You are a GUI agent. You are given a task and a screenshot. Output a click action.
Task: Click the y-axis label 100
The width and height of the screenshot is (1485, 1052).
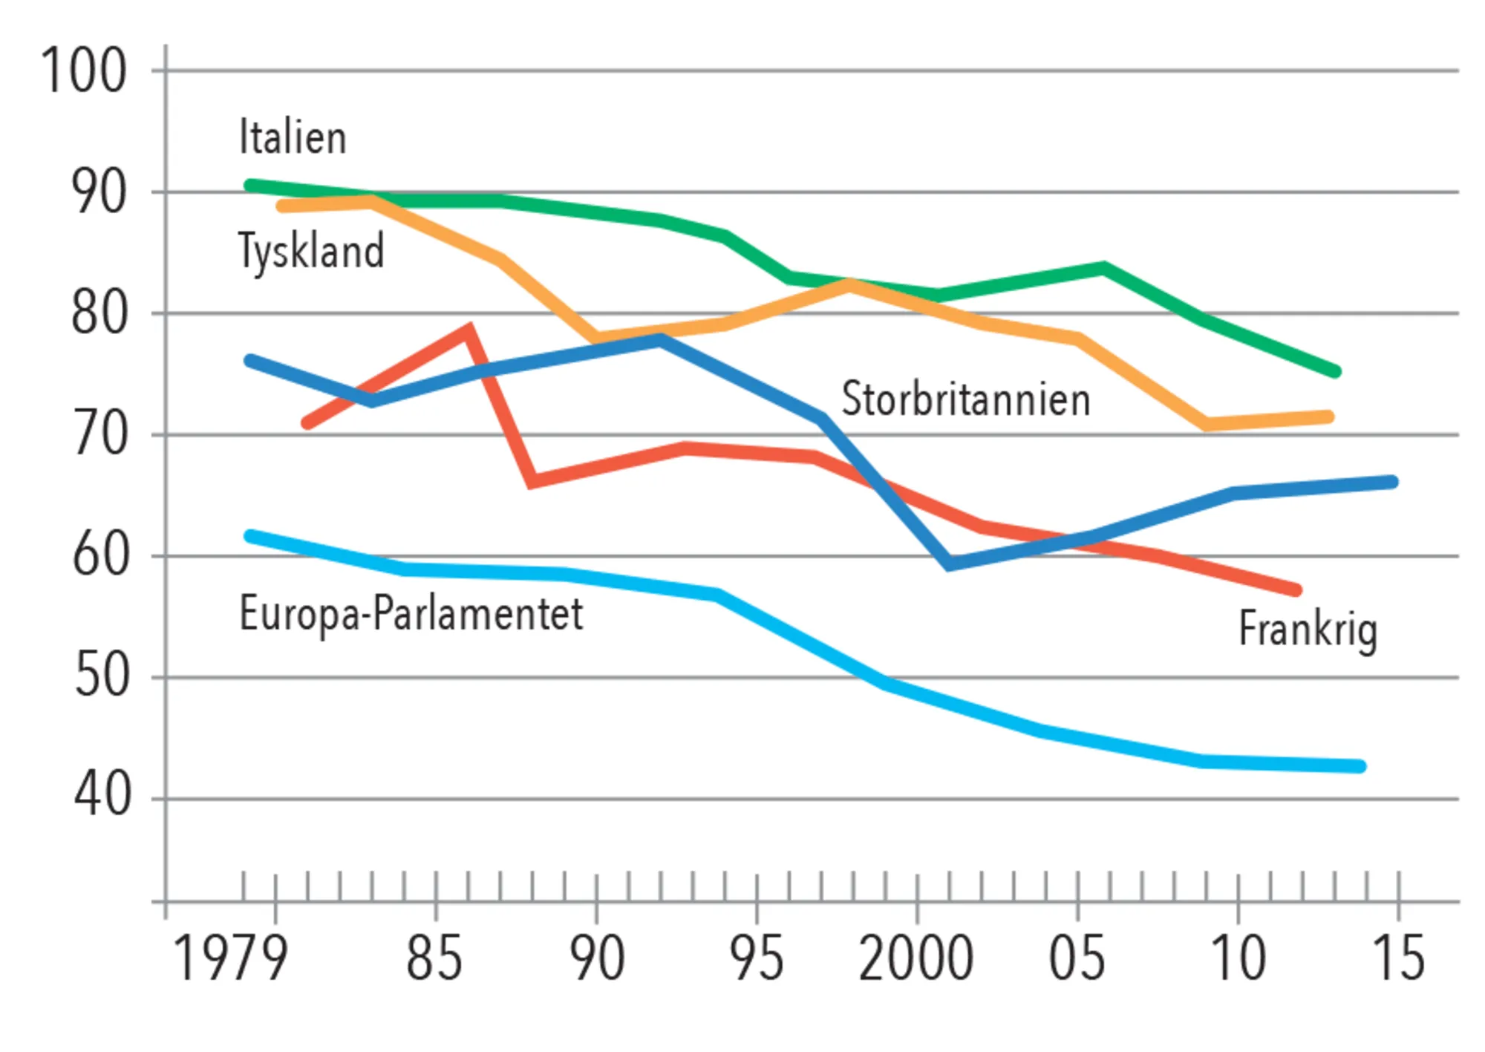pyautogui.click(x=84, y=71)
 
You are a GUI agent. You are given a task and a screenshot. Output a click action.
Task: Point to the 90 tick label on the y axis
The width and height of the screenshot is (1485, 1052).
pyautogui.click(x=99, y=193)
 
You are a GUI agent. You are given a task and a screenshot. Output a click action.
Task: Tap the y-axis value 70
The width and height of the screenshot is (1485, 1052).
pyautogui.click(x=99, y=435)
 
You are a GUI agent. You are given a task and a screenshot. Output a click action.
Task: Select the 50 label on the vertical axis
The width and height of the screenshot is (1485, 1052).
pyautogui.click(x=102, y=676)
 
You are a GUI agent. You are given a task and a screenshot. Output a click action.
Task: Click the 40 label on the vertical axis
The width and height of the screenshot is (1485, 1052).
pyautogui.click(x=102, y=795)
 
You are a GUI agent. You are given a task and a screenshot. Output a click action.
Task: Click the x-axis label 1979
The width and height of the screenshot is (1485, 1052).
pyautogui.click(x=230, y=958)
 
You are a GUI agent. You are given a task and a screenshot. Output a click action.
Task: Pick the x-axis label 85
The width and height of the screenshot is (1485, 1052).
pyautogui.click(x=434, y=958)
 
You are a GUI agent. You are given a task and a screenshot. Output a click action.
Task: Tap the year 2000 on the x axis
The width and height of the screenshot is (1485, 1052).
pyautogui.click(x=916, y=958)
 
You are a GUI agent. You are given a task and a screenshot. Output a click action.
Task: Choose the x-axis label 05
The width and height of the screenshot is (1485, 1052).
pyautogui.click(x=1077, y=958)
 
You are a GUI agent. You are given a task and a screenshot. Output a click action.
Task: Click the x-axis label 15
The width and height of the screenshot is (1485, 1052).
pyautogui.click(x=1398, y=958)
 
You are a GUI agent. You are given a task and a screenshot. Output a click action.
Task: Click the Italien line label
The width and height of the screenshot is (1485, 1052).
pyautogui.click(x=293, y=137)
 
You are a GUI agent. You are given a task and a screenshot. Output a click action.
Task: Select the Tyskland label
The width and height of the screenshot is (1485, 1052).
pyautogui.click(x=311, y=251)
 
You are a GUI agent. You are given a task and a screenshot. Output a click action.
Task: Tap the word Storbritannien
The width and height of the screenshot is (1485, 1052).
pyautogui.click(x=966, y=399)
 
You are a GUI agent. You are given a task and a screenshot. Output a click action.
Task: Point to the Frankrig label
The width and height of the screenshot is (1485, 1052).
pyautogui.click(x=1308, y=630)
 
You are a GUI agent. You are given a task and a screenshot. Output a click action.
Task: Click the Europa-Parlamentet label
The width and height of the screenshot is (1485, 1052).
pyautogui.click(x=411, y=615)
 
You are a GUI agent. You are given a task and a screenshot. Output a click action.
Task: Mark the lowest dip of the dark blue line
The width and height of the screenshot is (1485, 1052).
pyautogui.click(x=949, y=564)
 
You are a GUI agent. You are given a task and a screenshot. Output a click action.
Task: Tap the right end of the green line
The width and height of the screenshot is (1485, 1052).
pyautogui.click(x=1334, y=371)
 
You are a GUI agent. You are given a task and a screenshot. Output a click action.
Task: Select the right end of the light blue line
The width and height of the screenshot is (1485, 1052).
pyautogui.click(x=1360, y=766)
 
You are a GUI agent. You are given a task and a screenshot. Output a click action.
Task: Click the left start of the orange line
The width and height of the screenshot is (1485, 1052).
pyautogui.click(x=282, y=206)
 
